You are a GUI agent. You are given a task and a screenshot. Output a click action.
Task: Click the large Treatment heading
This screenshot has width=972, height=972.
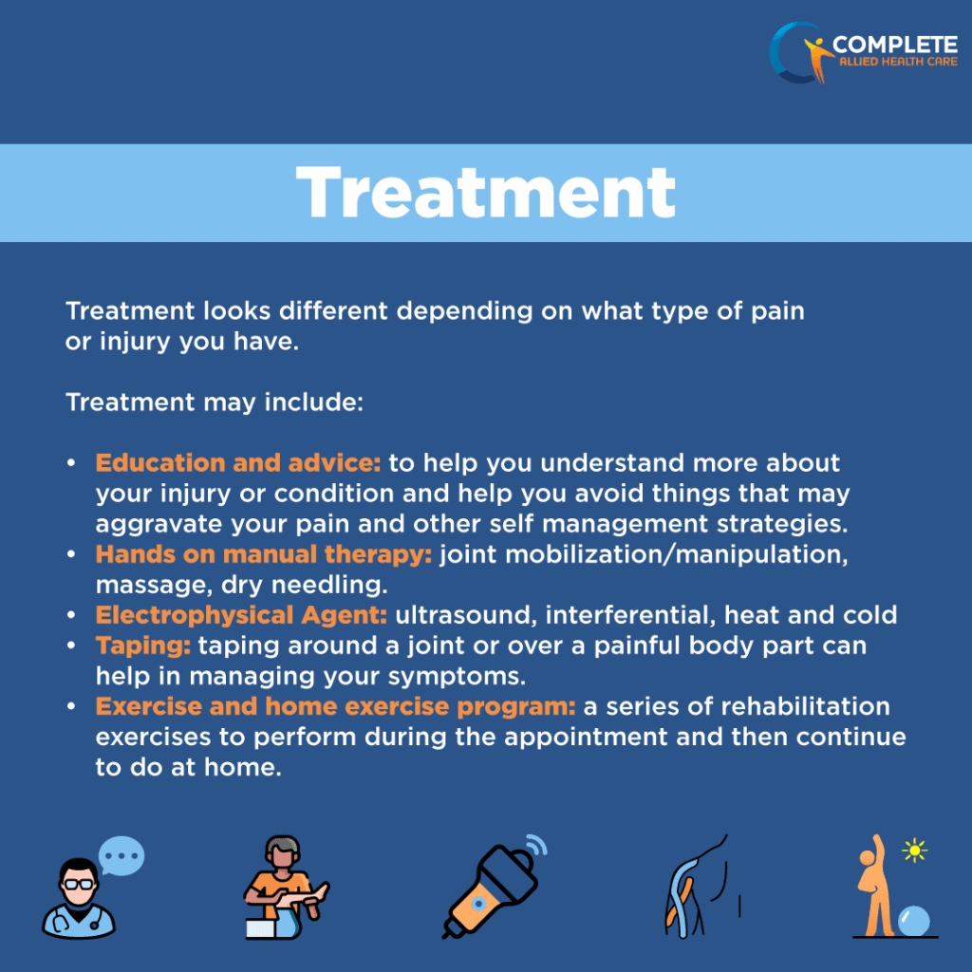pos(486,193)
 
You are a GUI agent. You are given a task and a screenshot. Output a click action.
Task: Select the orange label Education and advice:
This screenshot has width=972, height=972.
pos(238,463)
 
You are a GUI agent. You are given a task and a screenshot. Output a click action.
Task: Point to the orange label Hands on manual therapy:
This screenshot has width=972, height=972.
pos(264,554)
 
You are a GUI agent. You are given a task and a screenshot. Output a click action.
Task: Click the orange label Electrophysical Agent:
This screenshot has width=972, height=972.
pos(241,615)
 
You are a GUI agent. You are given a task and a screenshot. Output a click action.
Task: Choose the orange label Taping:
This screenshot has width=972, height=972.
pos(143,645)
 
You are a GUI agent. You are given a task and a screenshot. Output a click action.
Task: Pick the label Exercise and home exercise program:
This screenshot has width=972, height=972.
pos(336,706)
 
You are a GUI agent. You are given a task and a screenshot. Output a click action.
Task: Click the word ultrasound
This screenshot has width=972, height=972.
pos(456,615)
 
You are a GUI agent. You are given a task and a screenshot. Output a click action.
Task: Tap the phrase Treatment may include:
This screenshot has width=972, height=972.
pos(215,402)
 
